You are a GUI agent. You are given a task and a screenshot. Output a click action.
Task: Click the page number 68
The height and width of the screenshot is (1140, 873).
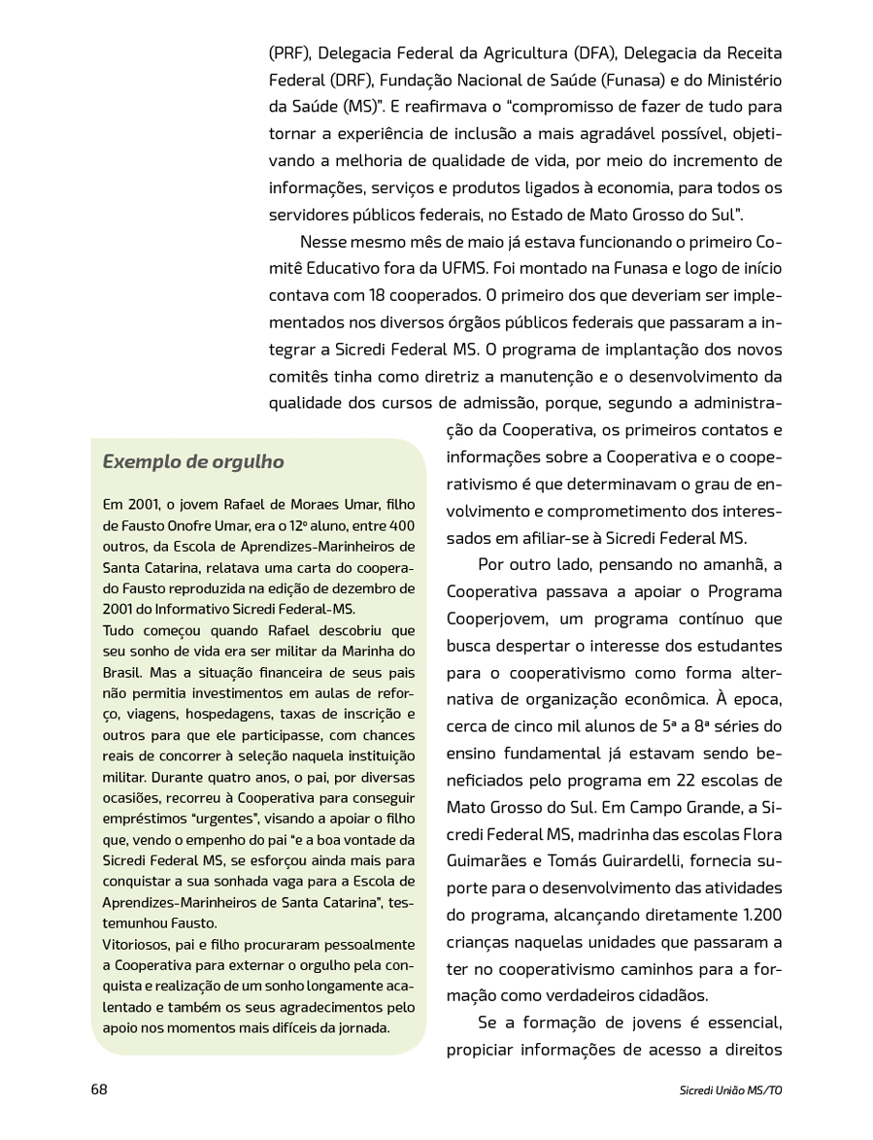(99, 1089)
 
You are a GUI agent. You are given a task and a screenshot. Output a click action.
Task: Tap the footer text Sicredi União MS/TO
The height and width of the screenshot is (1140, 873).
(731, 1090)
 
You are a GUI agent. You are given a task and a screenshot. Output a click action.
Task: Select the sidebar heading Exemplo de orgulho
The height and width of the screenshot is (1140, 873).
(193, 462)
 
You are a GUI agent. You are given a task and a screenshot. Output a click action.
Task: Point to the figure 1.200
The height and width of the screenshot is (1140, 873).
(751, 915)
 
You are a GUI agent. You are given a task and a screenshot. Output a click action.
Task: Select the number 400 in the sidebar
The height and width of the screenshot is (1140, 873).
(401, 524)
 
